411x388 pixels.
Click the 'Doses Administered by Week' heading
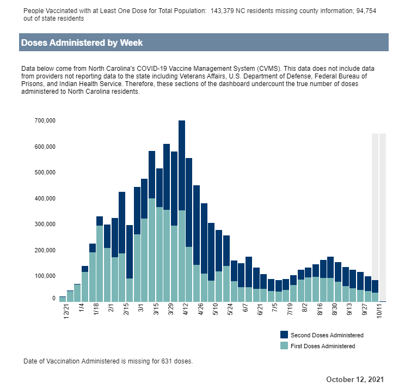[x=82, y=43]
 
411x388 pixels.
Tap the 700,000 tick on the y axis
[x=45, y=120]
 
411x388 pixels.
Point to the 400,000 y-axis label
[x=45, y=198]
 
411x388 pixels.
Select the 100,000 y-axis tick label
[x=45, y=276]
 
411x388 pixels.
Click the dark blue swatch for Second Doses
[x=284, y=335]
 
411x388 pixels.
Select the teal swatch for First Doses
[x=284, y=345]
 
